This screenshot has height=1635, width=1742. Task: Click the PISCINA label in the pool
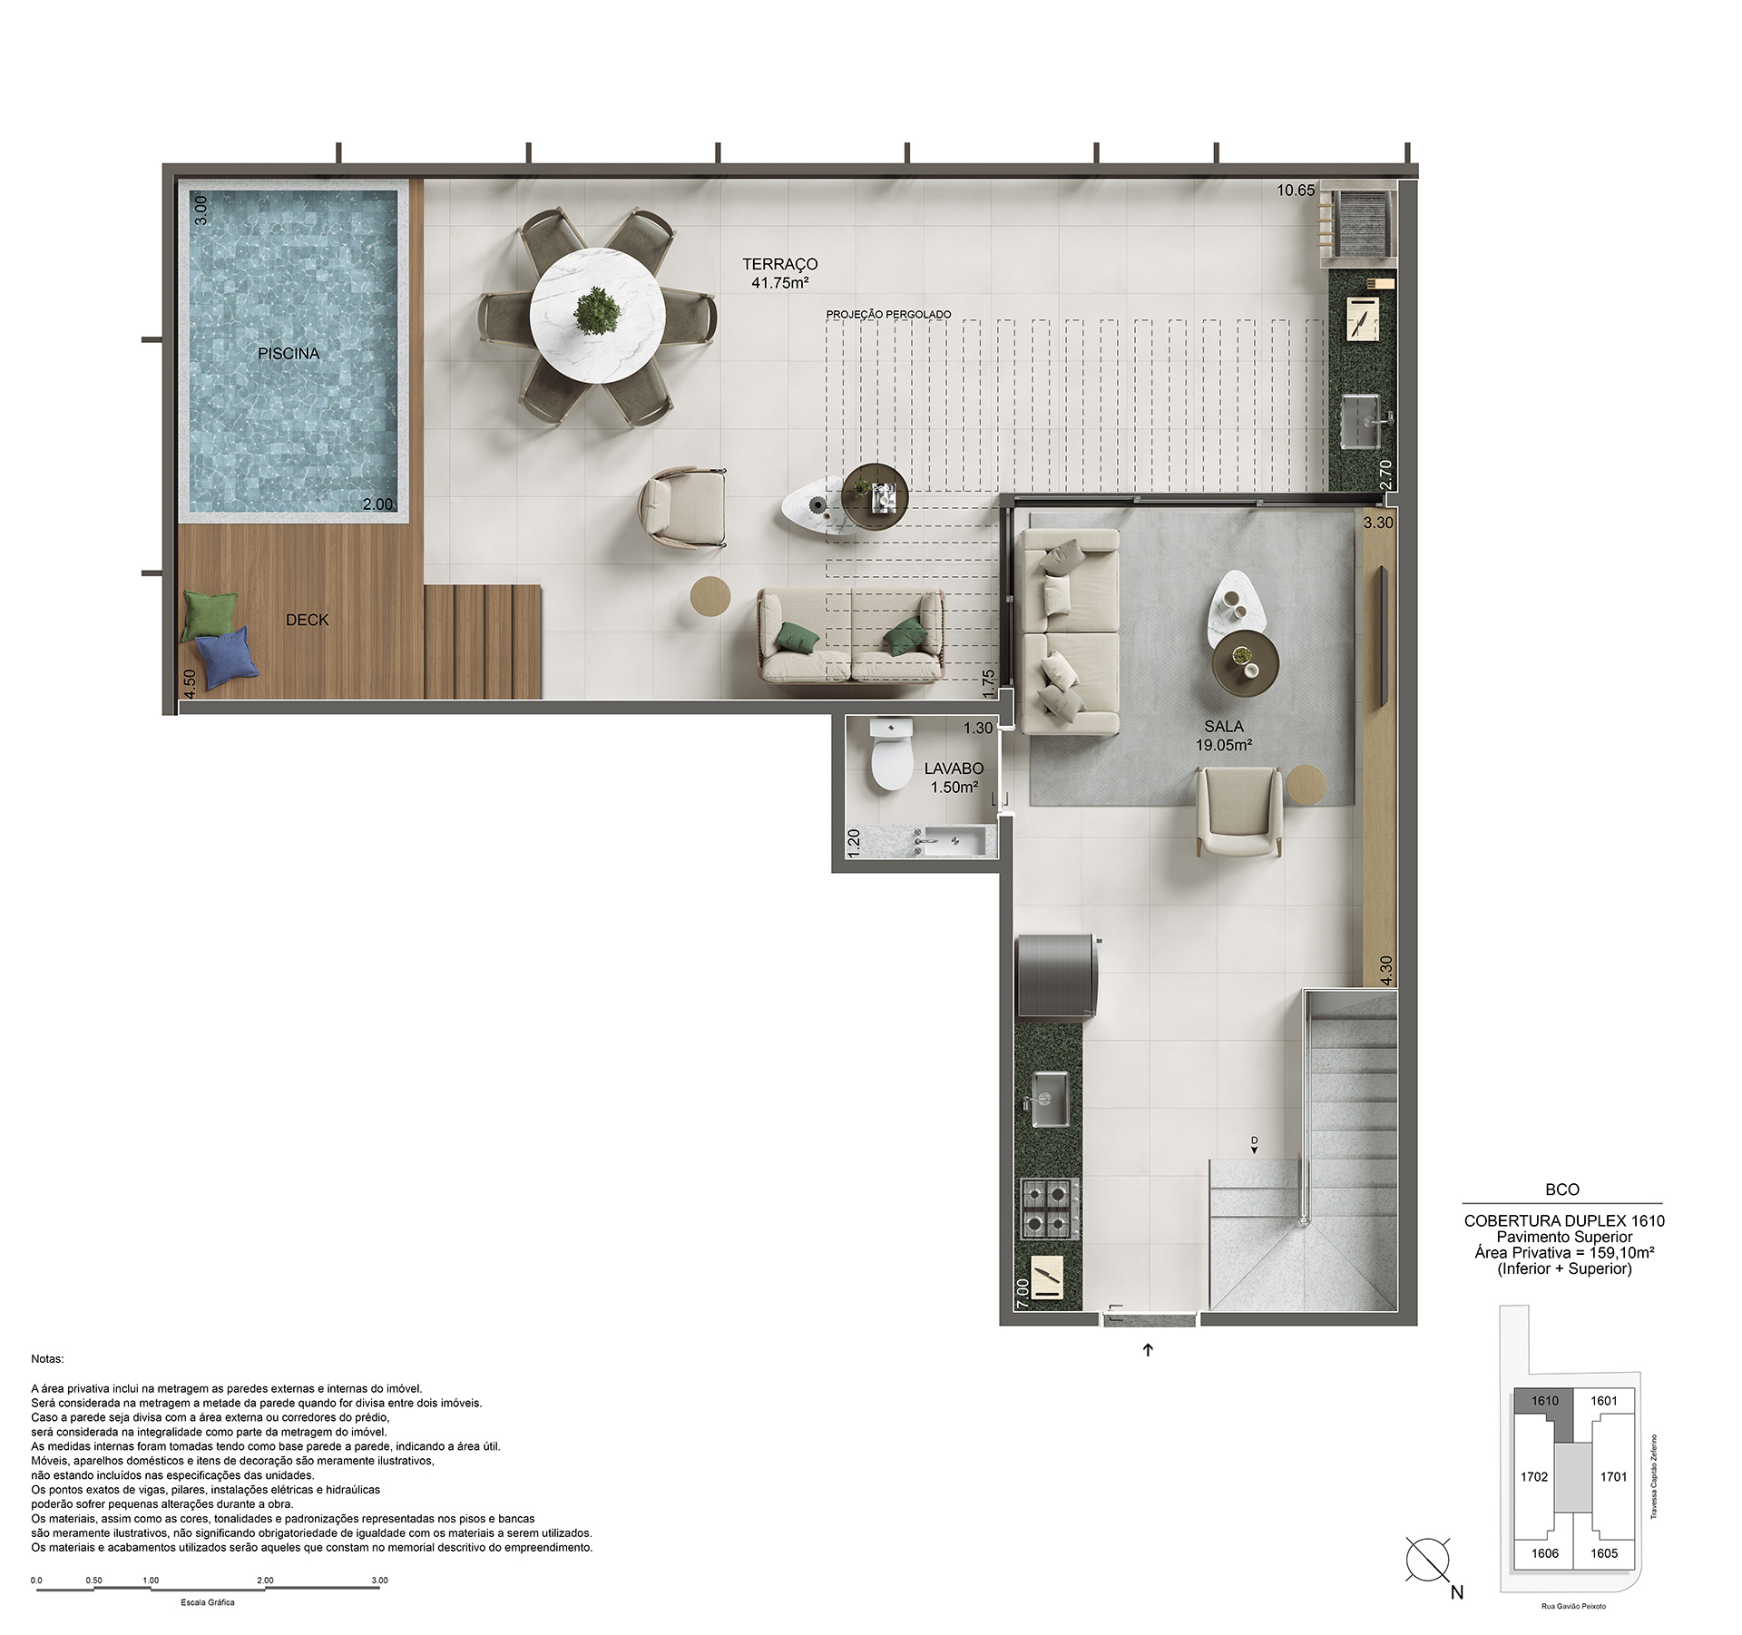pyautogui.click(x=289, y=354)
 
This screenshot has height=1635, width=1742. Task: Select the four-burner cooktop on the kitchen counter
pyautogui.click(x=1051, y=1209)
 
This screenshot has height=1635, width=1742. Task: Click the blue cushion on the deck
pyautogui.click(x=227, y=657)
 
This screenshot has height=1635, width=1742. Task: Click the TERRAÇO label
pyautogui.click(x=779, y=264)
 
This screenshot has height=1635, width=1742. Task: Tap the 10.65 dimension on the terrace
pyautogui.click(x=1296, y=191)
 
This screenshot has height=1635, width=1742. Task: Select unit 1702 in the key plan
pyautogui.click(x=1534, y=1476)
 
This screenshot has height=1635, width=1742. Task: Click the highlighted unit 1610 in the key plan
pyautogui.click(x=1545, y=1401)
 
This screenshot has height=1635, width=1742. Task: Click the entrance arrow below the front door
pyautogui.click(x=1148, y=1350)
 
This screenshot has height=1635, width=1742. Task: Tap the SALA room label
pyautogui.click(x=1224, y=727)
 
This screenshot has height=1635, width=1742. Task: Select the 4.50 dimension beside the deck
pyautogui.click(x=190, y=683)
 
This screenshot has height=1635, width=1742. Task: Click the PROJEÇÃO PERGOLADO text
pyautogui.click(x=888, y=315)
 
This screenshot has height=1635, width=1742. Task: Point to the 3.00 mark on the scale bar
pyautogui.click(x=379, y=1580)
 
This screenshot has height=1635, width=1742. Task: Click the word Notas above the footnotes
pyautogui.click(x=47, y=1359)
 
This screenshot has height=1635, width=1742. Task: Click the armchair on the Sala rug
pyautogui.click(x=1238, y=811)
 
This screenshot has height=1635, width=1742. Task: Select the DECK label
pyautogui.click(x=307, y=620)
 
